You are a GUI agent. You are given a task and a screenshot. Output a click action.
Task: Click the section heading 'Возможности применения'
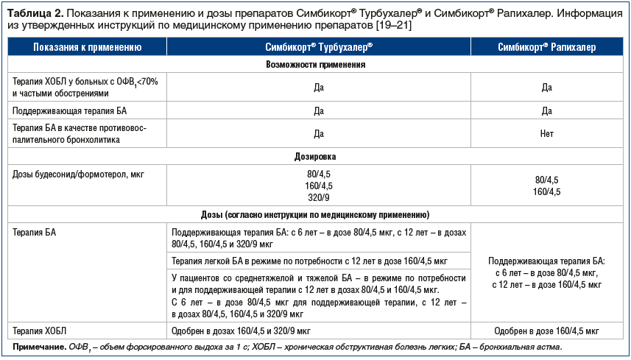(315, 65)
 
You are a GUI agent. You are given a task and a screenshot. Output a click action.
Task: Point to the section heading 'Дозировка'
(315, 157)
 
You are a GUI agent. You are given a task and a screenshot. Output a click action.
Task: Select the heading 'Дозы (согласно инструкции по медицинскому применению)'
(315, 215)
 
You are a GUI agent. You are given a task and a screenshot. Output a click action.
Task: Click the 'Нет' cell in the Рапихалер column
(546, 134)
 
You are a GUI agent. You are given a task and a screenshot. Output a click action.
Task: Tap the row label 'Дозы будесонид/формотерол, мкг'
(71, 174)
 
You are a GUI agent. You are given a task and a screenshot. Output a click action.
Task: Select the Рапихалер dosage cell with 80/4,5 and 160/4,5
(546, 186)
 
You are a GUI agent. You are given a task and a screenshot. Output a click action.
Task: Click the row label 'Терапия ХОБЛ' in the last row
(41, 330)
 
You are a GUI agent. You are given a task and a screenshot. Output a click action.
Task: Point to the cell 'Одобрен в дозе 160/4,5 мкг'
(546, 330)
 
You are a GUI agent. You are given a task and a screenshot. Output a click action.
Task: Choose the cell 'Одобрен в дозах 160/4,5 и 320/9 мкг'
(241, 330)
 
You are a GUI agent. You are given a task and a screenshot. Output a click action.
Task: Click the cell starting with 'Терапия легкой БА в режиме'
(309, 261)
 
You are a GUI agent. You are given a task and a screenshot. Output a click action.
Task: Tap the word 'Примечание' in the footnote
(37, 347)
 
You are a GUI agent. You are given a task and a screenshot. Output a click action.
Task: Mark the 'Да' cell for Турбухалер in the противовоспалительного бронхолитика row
(319, 134)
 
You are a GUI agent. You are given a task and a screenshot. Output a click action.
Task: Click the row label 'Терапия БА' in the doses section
(35, 232)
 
